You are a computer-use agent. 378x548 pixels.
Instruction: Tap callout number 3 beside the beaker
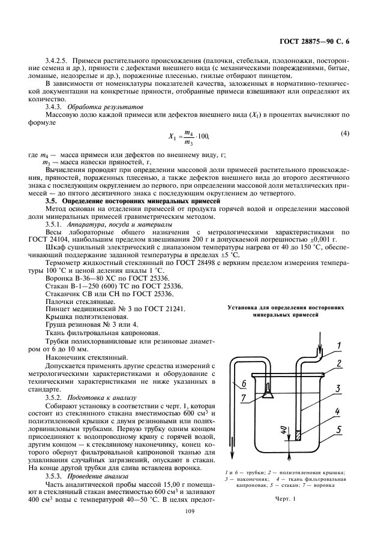tap(339, 389)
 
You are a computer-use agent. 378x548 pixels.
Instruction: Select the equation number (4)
tap(344, 133)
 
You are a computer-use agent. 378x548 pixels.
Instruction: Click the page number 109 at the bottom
tap(188, 511)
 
